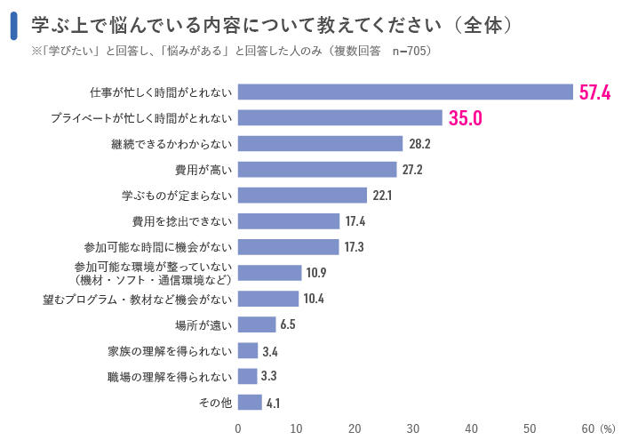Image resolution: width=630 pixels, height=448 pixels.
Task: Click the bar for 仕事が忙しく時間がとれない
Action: pos(405,92)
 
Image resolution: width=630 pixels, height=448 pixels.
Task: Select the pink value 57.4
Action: pos(594,92)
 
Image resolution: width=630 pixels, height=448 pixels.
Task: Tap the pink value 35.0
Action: pos(465,118)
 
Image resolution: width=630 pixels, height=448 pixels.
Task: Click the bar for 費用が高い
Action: pos(317,170)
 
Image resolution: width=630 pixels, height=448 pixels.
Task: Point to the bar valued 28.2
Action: pos(321,144)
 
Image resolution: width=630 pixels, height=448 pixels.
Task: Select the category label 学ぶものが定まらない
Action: pos(176,196)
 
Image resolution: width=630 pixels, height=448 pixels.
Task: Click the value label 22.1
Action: pos(383,196)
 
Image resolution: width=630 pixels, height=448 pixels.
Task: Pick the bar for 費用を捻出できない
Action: pos(289,221)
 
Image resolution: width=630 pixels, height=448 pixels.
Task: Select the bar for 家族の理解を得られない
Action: pos(248,350)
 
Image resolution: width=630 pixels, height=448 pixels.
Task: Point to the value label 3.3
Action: pos(269,376)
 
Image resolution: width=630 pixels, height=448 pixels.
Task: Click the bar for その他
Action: pos(250,402)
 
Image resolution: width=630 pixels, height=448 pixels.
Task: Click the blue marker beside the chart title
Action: pos(14,26)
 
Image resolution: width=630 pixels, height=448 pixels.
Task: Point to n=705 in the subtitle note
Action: pos(410,51)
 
